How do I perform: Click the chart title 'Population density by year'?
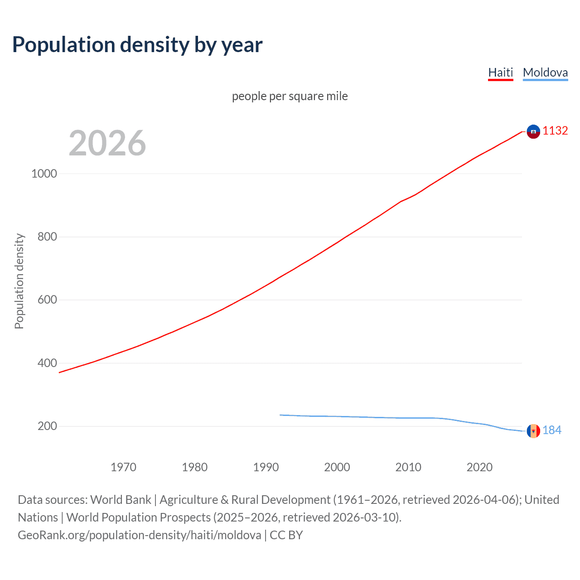coord(137,45)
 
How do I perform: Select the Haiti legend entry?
coord(500,72)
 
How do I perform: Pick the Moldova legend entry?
coord(545,72)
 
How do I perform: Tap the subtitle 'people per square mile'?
coord(290,96)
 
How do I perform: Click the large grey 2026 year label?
coord(107,143)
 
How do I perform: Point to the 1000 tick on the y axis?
coord(44,174)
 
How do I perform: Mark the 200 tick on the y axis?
coord(47,426)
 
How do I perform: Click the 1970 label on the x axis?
coord(123,467)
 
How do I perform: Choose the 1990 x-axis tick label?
coord(266,467)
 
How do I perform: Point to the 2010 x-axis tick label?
coord(408,467)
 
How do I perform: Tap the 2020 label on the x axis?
coord(479,467)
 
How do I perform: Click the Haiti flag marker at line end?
coord(533,131)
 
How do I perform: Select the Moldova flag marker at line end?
coord(533,431)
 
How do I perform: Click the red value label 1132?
coord(555,131)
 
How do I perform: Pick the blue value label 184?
coord(552,430)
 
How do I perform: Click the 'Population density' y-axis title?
coord(19,281)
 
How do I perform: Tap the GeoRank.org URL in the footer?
coord(140,535)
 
